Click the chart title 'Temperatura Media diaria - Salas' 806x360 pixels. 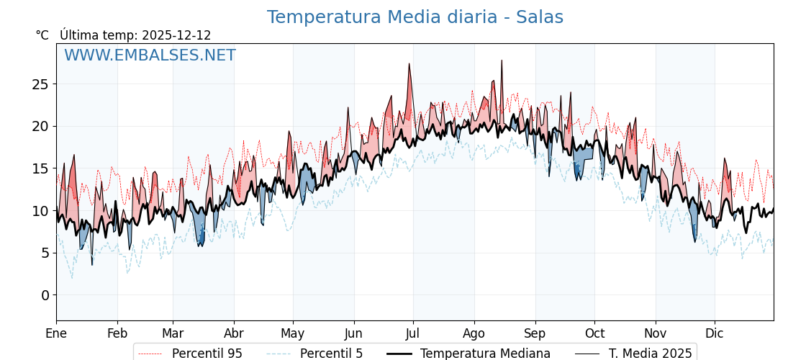tap(415, 17)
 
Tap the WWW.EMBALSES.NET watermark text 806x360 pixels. tap(150, 55)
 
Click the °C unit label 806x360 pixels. tap(42, 35)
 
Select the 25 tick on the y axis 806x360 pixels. tap(40, 84)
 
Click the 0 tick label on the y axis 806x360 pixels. tap(45, 295)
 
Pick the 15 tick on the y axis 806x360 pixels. tap(40, 168)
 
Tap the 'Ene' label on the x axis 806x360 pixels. tap(56, 333)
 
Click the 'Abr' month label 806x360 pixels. tap(234, 333)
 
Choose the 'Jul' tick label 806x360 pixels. tap(413, 333)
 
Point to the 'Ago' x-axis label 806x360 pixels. tap(474, 333)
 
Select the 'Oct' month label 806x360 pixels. tap(594, 333)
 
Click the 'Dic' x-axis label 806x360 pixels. tap(715, 333)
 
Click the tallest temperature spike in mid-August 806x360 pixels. tap(502, 61)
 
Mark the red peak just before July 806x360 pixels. tap(409, 65)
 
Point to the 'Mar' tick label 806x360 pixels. tap(173, 333)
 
